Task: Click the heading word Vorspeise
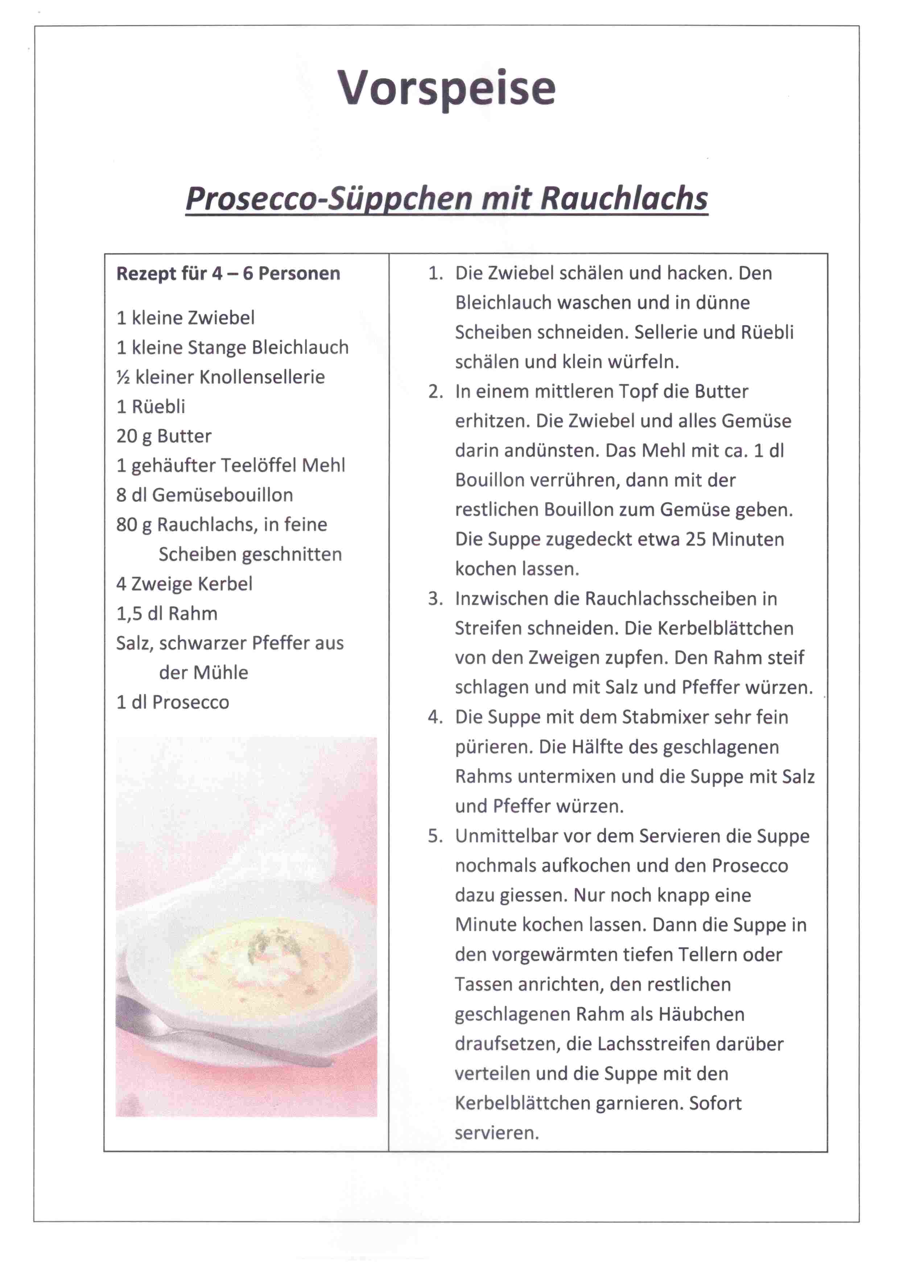click(x=446, y=88)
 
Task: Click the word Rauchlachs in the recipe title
click(x=624, y=199)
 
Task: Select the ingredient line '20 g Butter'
click(x=164, y=436)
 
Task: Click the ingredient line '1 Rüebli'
click(x=150, y=406)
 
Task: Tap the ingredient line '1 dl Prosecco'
click(x=172, y=702)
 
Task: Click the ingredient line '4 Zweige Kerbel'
click(x=184, y=584)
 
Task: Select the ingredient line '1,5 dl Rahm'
click(x=167, y=614)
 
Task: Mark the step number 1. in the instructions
click(x=436, y=273)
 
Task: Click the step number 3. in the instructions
click(x=436, y=599)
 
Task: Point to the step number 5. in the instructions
click(x=436, y=836)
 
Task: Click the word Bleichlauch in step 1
click(x=503, y=303)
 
